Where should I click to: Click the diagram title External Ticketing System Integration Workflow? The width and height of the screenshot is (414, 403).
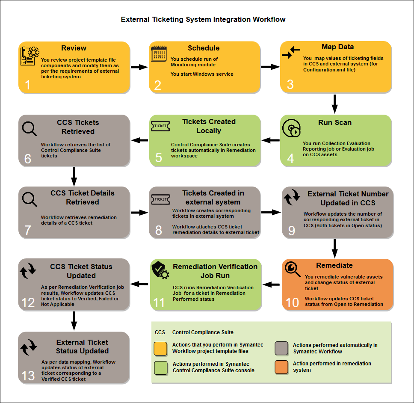tap(203, 19)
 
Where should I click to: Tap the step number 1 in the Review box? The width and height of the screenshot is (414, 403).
tap(28, 85)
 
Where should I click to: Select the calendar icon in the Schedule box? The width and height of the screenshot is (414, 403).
tap(159, 54)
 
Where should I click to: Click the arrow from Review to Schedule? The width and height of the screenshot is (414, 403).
tap(139, 67)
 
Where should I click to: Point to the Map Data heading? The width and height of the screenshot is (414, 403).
tap(337, 47)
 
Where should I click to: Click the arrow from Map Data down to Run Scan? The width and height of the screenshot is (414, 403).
tap(335, 103)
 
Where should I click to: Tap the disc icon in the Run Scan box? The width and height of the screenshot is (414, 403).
tap(292, 128)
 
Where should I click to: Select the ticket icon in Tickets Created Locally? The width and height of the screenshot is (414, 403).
tap(160, 126)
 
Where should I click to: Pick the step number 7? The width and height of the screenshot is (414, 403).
tap(28, 230)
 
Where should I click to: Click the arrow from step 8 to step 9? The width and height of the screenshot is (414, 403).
tap(270, 212)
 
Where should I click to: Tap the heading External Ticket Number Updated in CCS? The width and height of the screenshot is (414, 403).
tap(348, 199)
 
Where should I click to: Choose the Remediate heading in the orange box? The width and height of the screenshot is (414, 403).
tap(334, 265)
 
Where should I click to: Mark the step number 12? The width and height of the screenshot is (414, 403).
tap(28, 302)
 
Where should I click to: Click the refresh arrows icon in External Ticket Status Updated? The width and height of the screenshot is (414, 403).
tap(29, 348)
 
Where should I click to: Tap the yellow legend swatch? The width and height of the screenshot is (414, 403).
tap(160, 348)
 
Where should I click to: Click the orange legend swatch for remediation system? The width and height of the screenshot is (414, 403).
tap(281, 367)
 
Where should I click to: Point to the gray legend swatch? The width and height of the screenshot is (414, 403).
tap(281, 348)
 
